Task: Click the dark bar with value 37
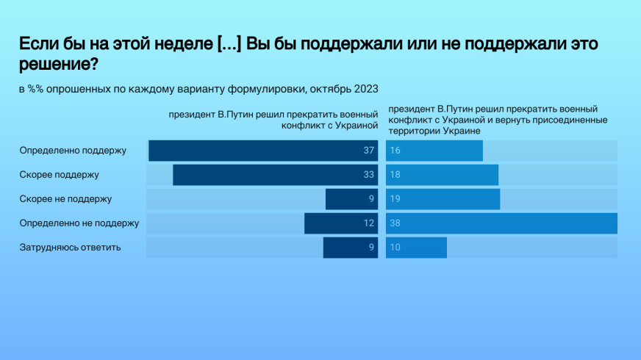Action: click(x=263, y=151)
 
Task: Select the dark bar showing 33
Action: click(x=276, y=175)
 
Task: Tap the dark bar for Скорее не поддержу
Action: click(x=352, y=199)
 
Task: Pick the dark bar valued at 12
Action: click(x=341, y=223)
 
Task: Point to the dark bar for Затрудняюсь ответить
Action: click(x=351, y=248)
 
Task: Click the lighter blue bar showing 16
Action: click(x=434, y=151)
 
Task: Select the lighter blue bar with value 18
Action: click(x=442, y=175)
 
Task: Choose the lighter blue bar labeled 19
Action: click(x=443, y=199)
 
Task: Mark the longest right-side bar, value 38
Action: click(x=501, y=223)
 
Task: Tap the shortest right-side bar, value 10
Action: click(x=416, y=248)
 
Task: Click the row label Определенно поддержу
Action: click(x=73, y=151)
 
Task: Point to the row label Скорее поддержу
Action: click(x=60, y=175)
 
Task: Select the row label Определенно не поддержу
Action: click(x=79, y=223)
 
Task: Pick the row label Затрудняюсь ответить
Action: click(x=70, y=248)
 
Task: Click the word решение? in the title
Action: click(x=59, y=64)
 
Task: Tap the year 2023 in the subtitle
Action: click(x=366, y=89)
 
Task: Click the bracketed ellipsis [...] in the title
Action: click(x=229, y=44)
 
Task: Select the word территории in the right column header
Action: click(x=410, y=131)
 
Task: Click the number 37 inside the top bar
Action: click(x=369, y=151)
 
